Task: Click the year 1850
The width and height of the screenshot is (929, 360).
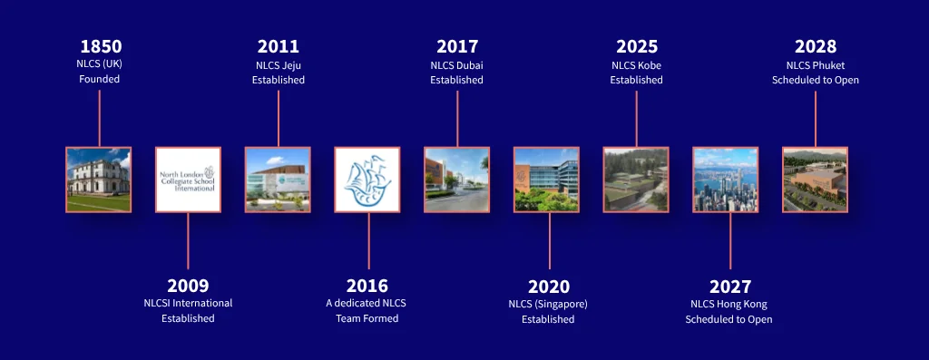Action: tap(101, 47)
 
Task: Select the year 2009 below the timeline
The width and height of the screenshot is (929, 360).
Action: tap(188, 286)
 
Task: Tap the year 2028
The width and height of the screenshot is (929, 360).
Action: tap(816, 47)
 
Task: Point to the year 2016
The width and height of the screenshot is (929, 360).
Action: tap(367, 286)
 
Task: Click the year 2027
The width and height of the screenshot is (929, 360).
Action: tap(730, 287)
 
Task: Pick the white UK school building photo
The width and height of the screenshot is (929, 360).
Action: tap(98, 180)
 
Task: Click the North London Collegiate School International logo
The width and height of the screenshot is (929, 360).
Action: tap(188, 180)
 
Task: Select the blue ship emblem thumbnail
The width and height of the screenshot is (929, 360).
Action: tap(367, 180)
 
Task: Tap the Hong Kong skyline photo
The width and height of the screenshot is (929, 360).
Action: tap(725, 180)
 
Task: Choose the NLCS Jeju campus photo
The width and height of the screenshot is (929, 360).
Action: tap(278, 180)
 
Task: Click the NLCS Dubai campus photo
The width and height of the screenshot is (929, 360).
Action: tap(457, 180)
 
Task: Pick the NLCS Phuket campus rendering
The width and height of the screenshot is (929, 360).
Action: tap(816, 180)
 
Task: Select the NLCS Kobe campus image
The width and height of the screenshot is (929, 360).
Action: tap(636, 180)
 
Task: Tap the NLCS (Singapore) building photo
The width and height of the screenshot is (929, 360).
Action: tap(546, 180)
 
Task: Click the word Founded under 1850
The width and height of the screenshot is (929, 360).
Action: tap(100, 79)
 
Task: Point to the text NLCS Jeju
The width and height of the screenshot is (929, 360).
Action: tap(279, 65)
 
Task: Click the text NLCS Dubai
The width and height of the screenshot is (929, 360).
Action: tap(457, 65)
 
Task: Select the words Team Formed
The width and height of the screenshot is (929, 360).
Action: tap(367, 318)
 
